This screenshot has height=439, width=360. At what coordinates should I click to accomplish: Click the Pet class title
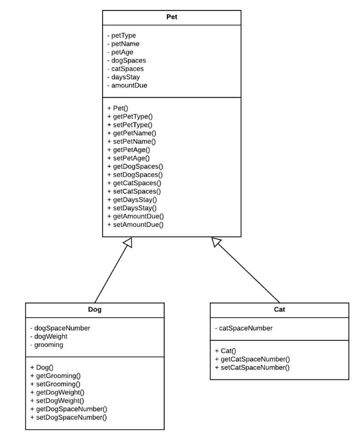pyautogui.click(x=172, y=18)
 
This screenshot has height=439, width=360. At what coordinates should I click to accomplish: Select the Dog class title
pyautogui.click(x=94, y=310)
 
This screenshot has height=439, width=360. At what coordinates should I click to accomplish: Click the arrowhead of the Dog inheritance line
pyautogui.click(x=128, y=243)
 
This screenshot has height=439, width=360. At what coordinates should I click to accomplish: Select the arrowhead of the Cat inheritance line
pyautogui.click(x=215, y=242)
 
